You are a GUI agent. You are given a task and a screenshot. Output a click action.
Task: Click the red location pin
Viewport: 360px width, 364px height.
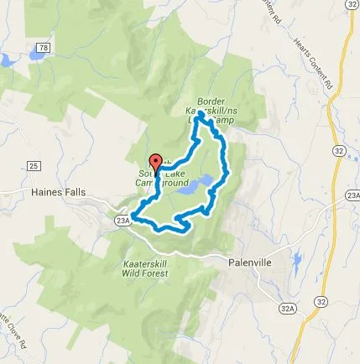(154, 163)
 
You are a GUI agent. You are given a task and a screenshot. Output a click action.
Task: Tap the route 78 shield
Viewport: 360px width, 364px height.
(44, 49)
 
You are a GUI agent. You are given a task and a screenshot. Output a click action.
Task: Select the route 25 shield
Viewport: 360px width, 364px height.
(34, 166)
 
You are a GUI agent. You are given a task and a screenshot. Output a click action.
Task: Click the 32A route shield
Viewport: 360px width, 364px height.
(288, 309)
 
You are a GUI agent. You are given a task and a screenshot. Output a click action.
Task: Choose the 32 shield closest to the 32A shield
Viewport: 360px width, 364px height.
(321, 301)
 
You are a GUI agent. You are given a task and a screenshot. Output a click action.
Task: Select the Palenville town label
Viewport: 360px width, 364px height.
(250, 263)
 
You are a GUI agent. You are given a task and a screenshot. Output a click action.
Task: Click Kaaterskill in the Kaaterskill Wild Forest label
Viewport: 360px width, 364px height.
(145, 263)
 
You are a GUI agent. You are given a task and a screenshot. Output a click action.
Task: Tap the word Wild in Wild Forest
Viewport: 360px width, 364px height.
(133, 273)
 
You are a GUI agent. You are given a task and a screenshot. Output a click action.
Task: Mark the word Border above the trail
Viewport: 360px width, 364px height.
(211, 101)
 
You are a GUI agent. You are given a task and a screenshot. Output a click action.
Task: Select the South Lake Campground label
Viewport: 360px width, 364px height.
(161, 178)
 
